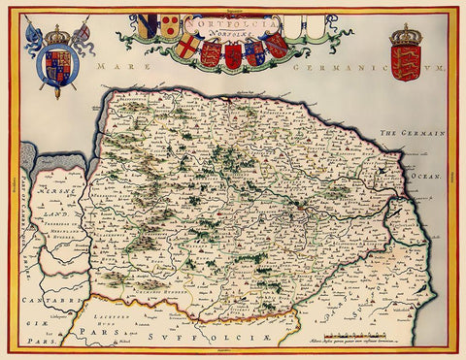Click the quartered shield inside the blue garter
(x=55, y=65)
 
